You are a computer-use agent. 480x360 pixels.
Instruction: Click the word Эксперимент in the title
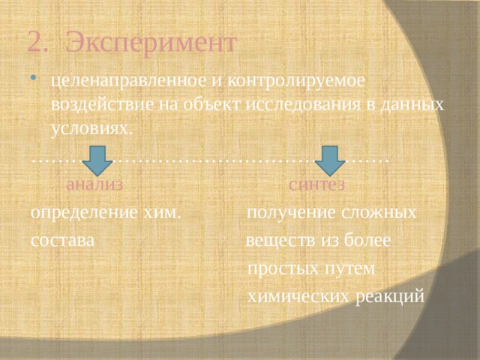(x=150, y=42)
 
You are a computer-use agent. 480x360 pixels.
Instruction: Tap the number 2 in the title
(x=33, y=42)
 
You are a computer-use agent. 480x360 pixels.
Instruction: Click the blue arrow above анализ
(x=97, y=159)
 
